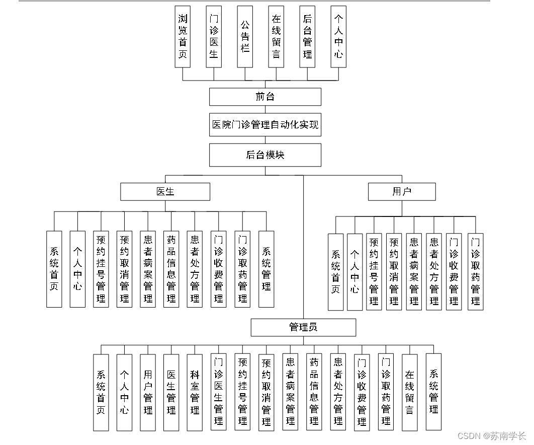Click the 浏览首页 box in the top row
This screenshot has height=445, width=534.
pos(183,36)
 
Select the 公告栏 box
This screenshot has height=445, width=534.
pos(245,36)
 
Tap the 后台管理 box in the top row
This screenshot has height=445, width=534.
pos(307,36)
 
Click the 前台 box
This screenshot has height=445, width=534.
pos(265,97)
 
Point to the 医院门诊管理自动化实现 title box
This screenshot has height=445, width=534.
pos(265,125)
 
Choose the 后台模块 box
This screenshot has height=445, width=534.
pos(265,155)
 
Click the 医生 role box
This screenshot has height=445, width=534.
pos(165,192)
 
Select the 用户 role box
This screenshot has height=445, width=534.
pos(402,192)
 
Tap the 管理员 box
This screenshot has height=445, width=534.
pos(303,327)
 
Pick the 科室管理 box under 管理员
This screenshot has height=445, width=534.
pos(195,392)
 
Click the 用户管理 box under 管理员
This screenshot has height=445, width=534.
pos(148,392)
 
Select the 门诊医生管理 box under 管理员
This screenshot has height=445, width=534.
pos(218,392)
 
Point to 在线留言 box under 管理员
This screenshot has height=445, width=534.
pos(410,392)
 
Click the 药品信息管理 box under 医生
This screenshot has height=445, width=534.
pos(171,269)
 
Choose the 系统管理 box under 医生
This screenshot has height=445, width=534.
pos(266,269)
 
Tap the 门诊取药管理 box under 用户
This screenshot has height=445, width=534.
pos(475,271)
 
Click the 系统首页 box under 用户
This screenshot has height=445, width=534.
pos(335,271)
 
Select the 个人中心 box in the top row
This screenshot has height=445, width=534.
pos(338,36)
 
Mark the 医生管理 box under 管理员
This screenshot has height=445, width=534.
pos(171,392)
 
